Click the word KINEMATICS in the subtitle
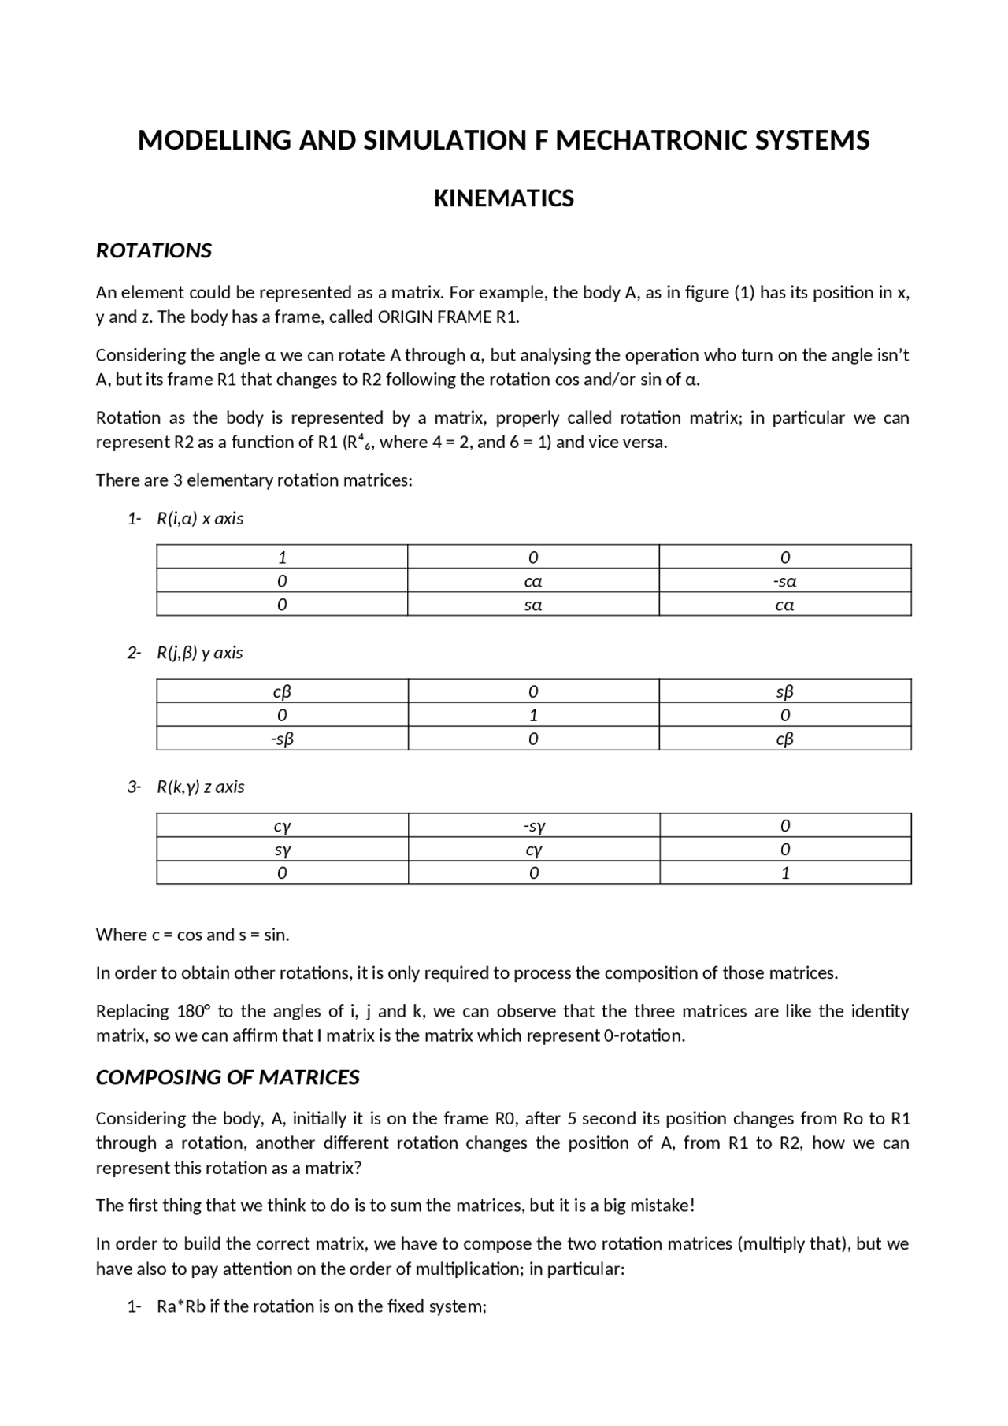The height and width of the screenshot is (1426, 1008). click(x=503, y=198)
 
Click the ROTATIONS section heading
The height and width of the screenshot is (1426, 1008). click(x=154, y=250)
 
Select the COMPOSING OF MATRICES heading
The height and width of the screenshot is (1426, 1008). click(x=228, y=1077)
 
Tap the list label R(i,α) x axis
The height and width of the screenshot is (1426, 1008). click(x=200, y=519)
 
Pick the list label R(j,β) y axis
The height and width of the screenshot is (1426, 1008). click(x=199, y=653)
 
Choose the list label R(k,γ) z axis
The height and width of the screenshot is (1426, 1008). click(x=200, y=787)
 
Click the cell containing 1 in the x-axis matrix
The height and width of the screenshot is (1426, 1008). click(x=282, y=557)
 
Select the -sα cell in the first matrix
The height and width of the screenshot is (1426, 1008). click(x=784, y=582)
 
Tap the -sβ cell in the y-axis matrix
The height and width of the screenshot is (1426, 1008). click(x=282, y=739)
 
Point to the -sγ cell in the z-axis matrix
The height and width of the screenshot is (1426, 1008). click(x=533, y=826)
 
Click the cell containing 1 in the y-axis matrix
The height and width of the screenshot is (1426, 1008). click(x=533, y=716)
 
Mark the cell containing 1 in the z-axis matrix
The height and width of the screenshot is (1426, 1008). click(x=784, y=873)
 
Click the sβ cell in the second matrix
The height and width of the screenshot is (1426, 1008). click(x=784, y=692)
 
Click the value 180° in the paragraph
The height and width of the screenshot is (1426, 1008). click(x=192, y=1011)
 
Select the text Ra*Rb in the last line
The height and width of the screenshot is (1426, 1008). click(x=181, y=1306)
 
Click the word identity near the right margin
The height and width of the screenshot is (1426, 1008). click(x=880, y=1011)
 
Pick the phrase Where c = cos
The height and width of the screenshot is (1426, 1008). click(x=149, y=935)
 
